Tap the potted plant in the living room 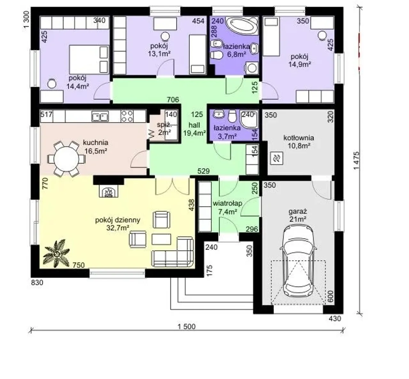coord(56,254)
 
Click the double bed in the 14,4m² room coord(89,59)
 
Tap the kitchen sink coord(100,116)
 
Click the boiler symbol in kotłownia coord(277,159)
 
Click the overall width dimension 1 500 coord(187,327)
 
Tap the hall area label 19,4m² coord(195,133)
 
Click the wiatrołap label coord(228,204)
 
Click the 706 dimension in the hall coord(173,100)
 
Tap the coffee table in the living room coord(161,239)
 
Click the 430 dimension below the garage coord(335,319)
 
